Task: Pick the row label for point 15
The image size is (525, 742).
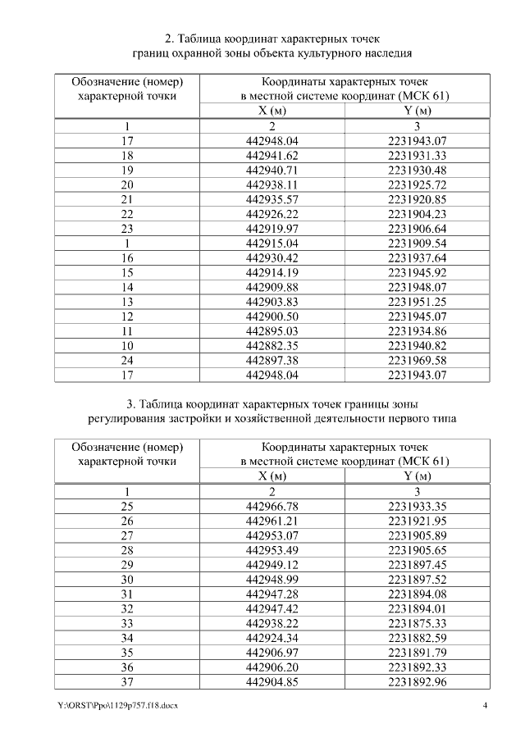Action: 126,272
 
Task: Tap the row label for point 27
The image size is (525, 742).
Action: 126,535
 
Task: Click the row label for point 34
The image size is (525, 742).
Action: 126,638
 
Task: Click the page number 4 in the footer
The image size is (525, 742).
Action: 486,706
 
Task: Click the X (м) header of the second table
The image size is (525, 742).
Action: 272,476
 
